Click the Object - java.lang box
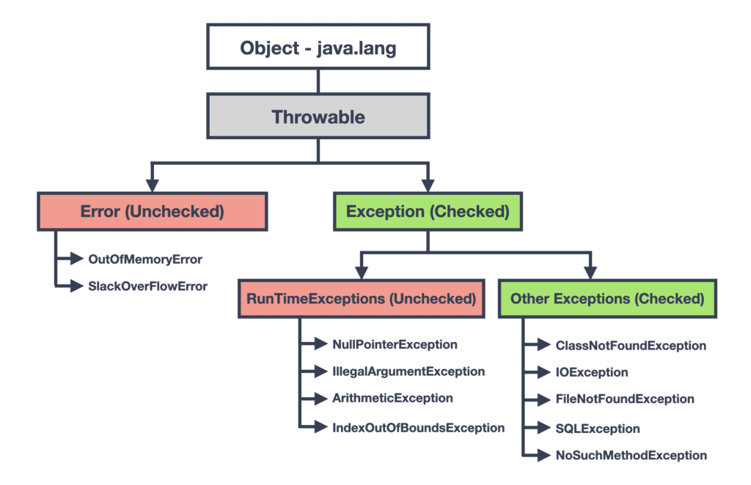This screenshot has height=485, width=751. (317, 48)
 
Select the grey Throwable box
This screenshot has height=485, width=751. (317, 116)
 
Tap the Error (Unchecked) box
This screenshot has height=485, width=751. (152, 212)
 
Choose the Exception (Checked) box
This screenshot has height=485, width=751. (427, 212)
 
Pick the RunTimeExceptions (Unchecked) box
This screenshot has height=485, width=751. (361, 299)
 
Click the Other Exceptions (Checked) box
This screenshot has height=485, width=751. (607, 299)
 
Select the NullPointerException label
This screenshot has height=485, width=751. (395, 344)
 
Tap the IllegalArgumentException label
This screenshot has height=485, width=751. (409, 371)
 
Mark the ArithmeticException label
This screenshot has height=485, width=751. (392, 398)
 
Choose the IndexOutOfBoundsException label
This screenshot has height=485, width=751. (418, 427)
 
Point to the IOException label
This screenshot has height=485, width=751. (592, 372)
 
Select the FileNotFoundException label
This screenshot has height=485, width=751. (625, 399)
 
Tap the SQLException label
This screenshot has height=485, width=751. (598, 429)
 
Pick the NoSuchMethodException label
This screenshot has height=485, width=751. (631, 455)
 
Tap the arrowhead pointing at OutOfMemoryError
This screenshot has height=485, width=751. (76, 259)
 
